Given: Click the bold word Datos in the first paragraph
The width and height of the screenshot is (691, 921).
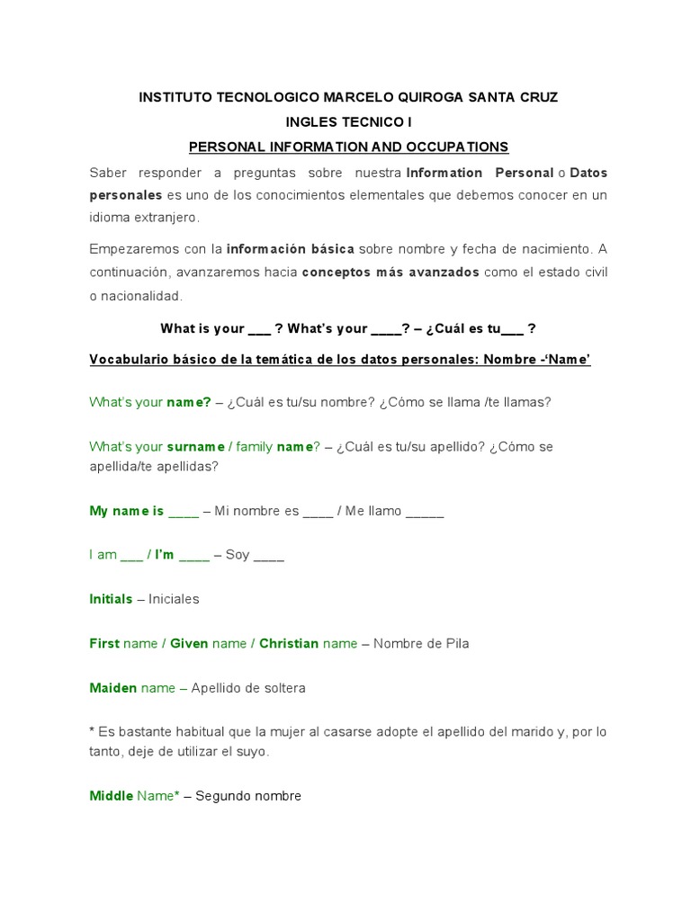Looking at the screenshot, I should (x=588, y=172).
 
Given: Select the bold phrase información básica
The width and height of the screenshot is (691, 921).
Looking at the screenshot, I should (x=290, y=248).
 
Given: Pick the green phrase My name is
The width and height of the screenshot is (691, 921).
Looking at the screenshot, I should (x=127, y=511).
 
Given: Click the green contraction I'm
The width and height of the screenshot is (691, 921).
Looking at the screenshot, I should (x=165, y=555).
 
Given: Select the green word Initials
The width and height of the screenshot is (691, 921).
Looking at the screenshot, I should (x=111, y=599).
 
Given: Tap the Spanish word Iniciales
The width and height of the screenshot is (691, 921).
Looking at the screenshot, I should (x=174, y=599).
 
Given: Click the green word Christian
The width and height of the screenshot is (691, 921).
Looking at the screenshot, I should (x=289, y=643).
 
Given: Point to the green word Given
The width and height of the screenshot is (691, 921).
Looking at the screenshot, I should (x=189, y=643).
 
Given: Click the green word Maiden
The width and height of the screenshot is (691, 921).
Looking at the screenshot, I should (x=113, y=688).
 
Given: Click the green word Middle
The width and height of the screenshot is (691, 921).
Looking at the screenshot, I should (x=111, y=796).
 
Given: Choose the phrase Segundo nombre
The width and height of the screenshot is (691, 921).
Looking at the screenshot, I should (x=248, y=796).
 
